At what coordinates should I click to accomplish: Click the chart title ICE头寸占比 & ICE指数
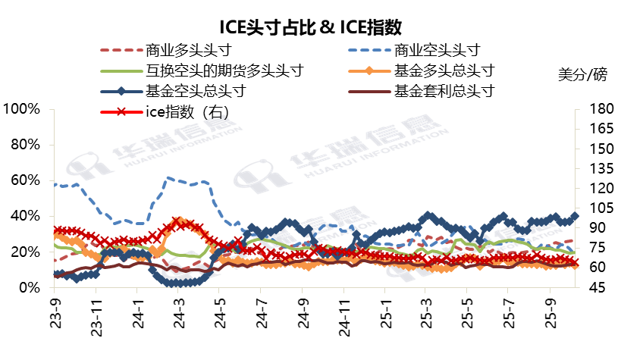coord(310,28)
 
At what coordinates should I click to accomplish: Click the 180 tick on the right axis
coord(595,108)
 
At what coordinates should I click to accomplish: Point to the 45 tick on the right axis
coord(591,288)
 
